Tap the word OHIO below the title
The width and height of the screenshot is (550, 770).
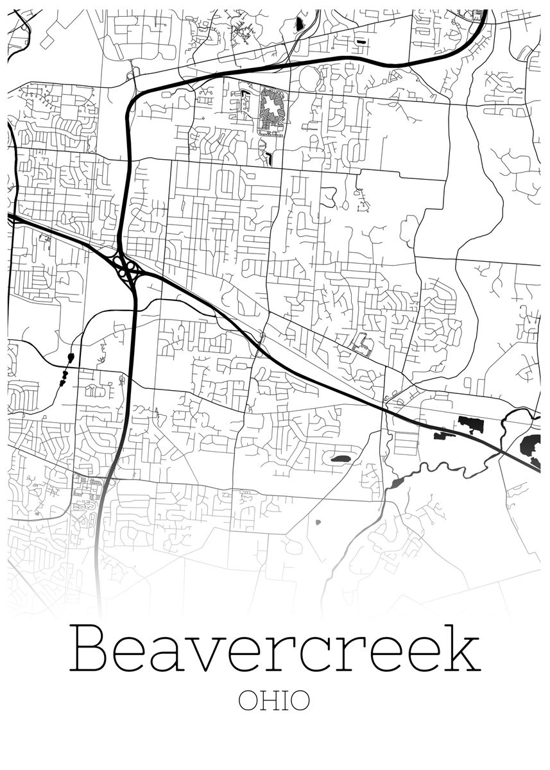click(x=274, y=701)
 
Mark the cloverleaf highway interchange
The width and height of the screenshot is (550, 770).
click(x=126, y=269)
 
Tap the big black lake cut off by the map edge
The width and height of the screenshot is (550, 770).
click(x=530, y=444)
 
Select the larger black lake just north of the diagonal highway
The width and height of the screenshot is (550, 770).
click(x=472, y=425)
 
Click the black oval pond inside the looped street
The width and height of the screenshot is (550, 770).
click(x=339, y=459)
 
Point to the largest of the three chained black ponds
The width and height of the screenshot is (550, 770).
click(x=70, y=357)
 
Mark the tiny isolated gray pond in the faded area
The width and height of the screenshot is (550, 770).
click(x=317, y=522)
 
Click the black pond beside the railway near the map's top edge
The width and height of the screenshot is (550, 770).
click(x=299, y=25)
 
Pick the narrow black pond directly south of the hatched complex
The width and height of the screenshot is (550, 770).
click(x=269, y=157)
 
